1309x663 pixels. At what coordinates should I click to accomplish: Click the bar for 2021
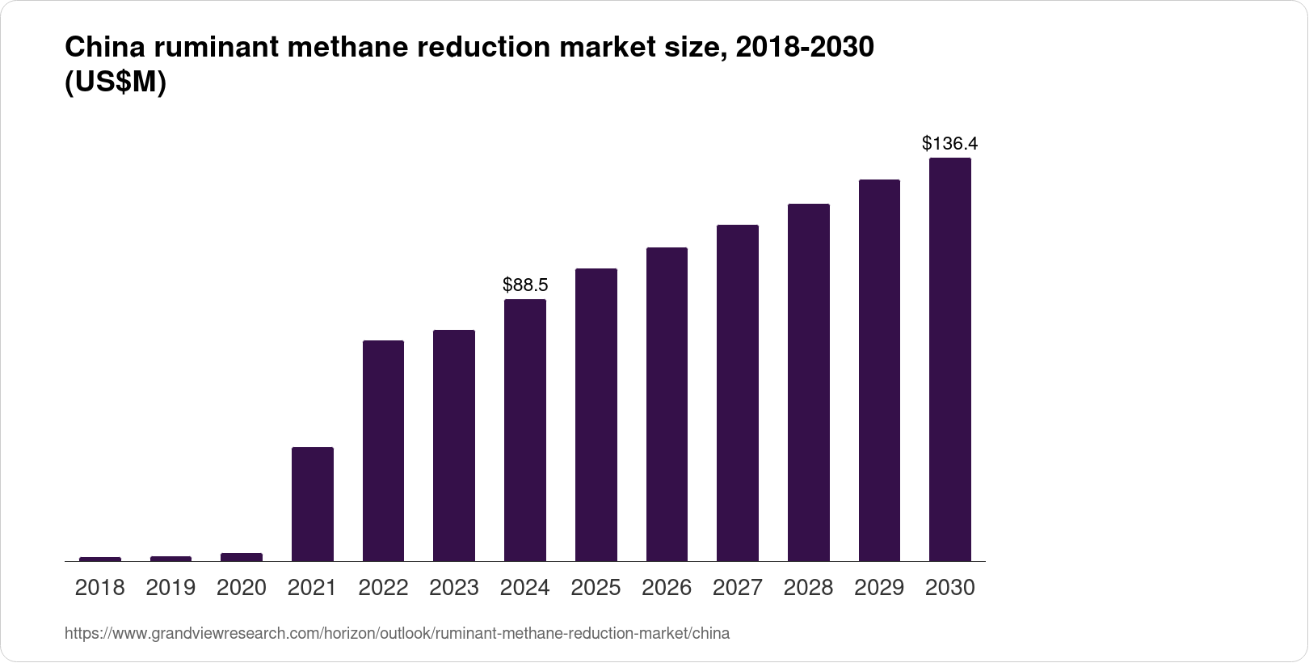pos(312,504)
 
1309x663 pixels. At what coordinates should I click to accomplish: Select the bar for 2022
pos(383,450)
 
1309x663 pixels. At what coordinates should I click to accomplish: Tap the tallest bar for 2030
pos(950,359)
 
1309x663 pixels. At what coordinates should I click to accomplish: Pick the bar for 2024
pos(524,430)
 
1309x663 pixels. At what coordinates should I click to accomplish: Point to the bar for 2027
pos(737,393)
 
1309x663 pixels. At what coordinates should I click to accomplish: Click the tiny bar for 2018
pos(100,559)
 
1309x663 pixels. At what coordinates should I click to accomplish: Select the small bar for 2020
pos(242,557)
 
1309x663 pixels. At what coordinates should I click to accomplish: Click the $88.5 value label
pos(525,285)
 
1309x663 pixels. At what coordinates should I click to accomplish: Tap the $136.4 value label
pos(949,144)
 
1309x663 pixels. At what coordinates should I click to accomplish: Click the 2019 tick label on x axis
pos(170,588)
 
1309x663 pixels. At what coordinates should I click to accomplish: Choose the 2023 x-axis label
pos(453,588)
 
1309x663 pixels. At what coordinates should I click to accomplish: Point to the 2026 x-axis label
pos(667,588)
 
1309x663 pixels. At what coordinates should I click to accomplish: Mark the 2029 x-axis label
pos(879,588)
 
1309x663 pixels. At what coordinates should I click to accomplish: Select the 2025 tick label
pos(596,588)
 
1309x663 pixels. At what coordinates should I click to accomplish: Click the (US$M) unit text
pos(115,83)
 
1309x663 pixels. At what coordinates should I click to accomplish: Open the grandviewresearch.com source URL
pos(397,634)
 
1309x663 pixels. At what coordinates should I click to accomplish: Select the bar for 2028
pos(808,382)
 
